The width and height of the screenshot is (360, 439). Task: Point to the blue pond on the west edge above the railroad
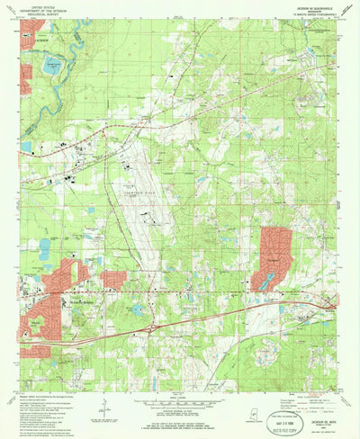tap(25, 147)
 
